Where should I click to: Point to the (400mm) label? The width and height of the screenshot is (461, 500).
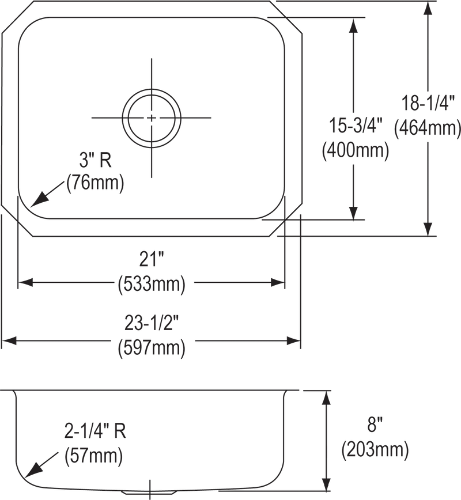[354, 150]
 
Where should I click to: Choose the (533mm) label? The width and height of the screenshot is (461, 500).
[152, 283]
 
